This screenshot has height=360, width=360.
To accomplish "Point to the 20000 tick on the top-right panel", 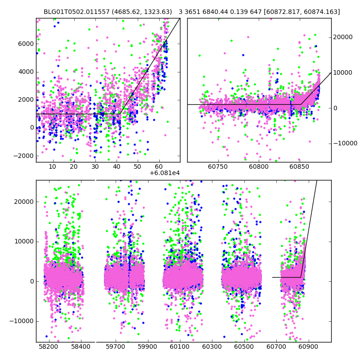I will coord(343,37).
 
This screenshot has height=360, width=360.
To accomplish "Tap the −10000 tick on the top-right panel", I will coord(344,144).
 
